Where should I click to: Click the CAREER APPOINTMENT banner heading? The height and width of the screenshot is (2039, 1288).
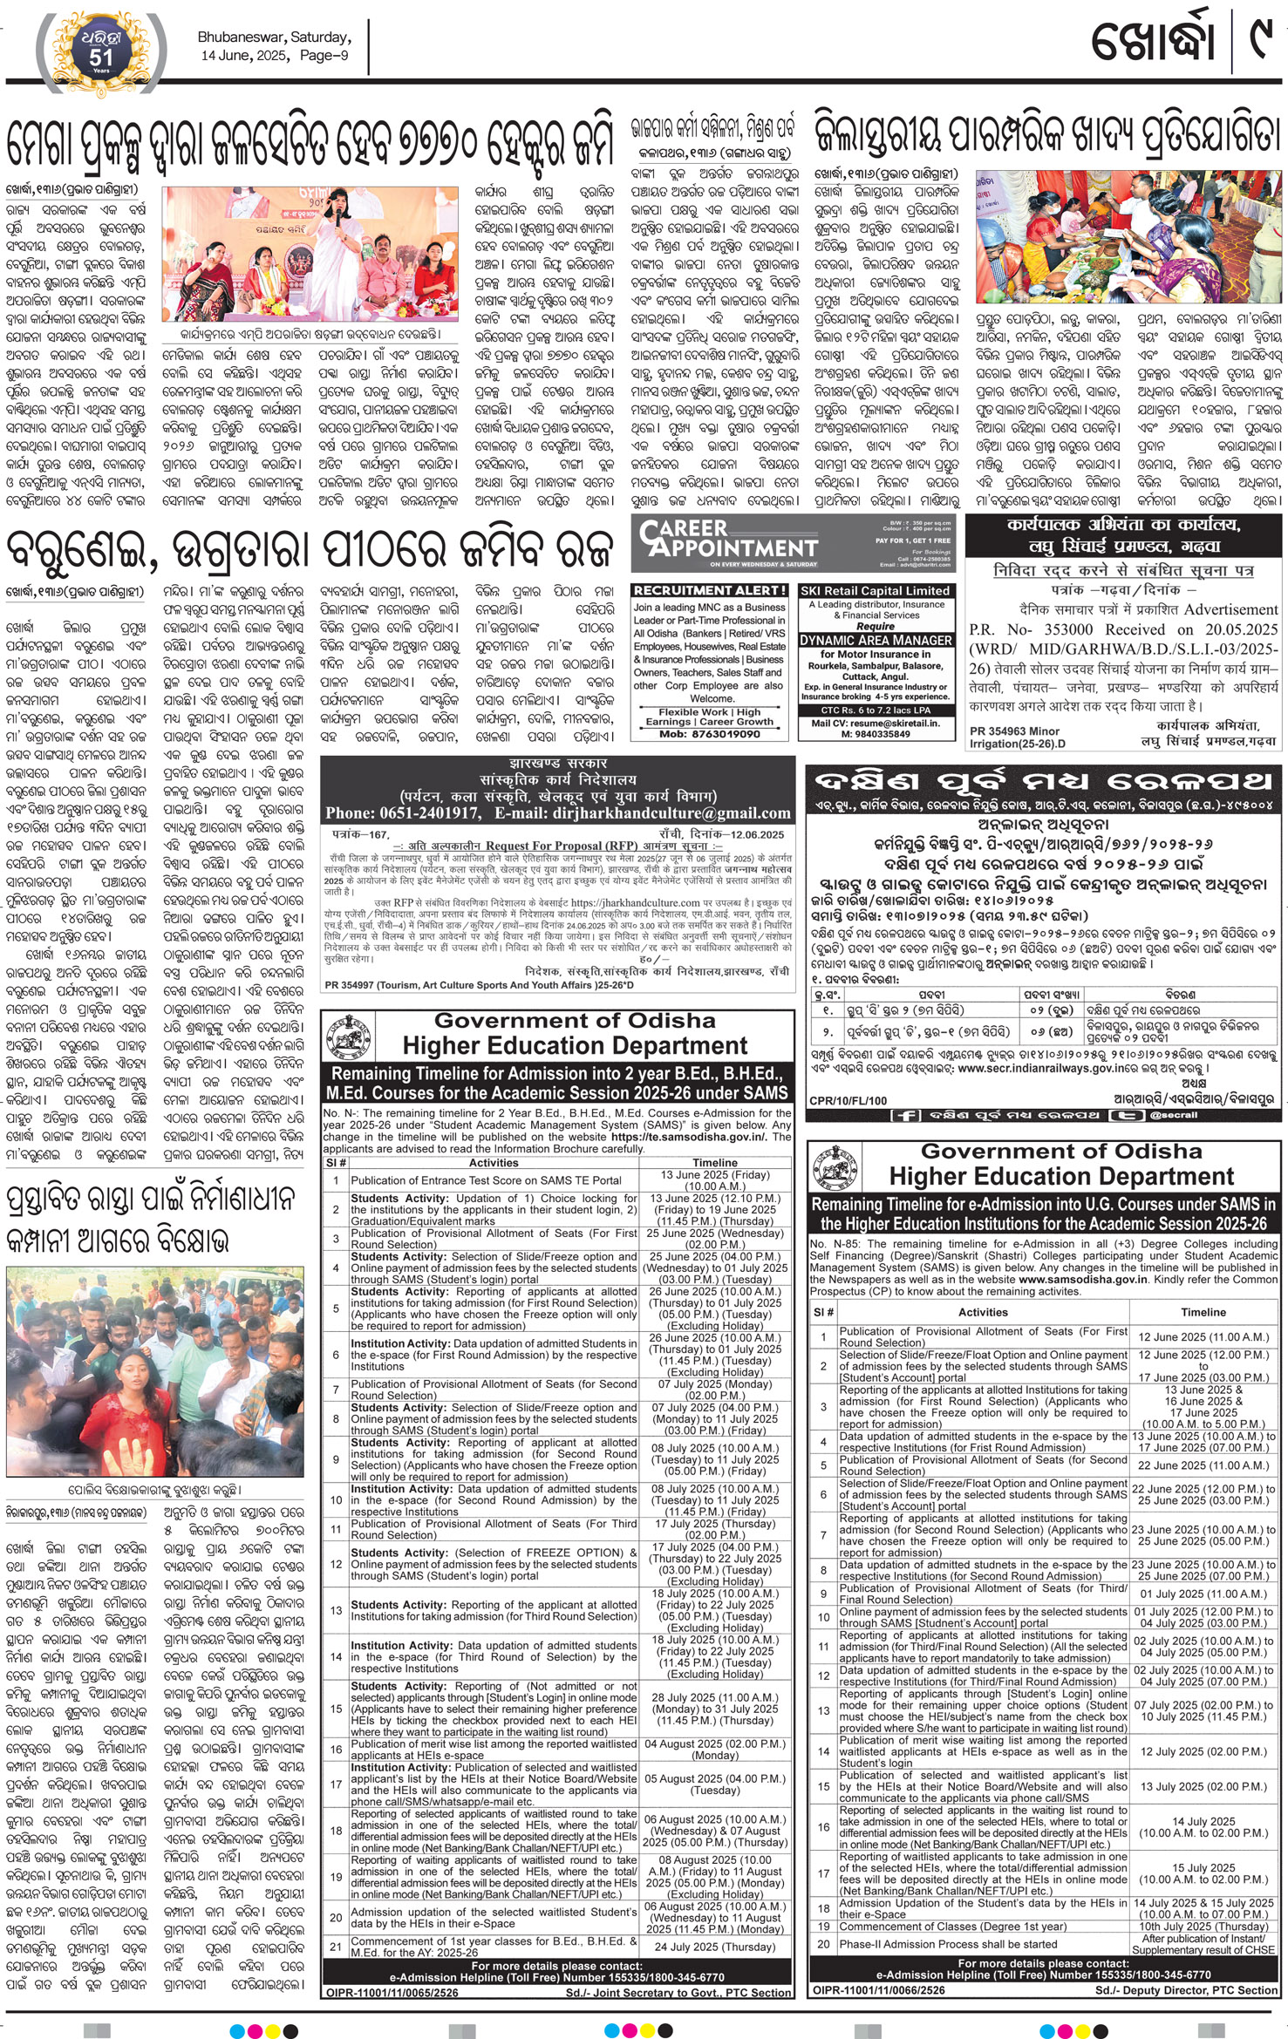click(x=728, y=539)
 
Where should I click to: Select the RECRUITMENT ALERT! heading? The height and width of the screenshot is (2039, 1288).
click(x=709, y=590)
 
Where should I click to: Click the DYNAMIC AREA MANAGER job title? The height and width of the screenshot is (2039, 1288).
click(x=875, y=640)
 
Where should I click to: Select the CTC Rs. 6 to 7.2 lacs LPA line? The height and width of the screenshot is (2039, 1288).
click(x=875, y=710)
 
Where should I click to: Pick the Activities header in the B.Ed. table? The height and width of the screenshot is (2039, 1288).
click(x=494, y=1162)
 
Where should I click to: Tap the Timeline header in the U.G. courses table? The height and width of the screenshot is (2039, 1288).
click(x=1203, y=1312)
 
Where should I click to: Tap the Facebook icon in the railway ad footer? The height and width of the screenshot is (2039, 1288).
click(x=904, y=1116)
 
